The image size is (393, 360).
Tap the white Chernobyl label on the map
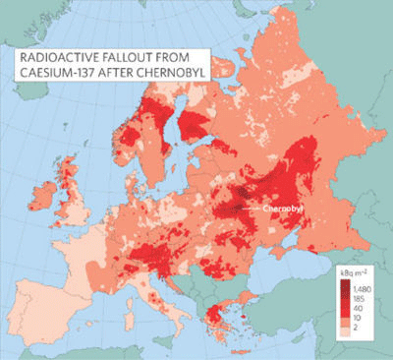278,209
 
